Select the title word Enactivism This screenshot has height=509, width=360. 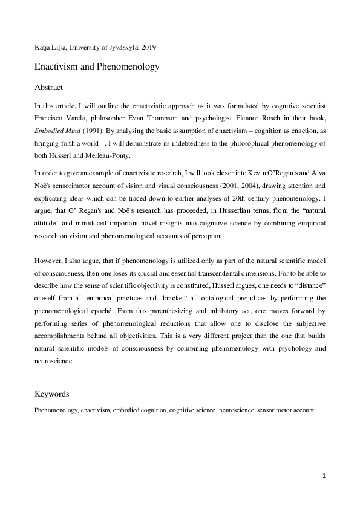(57, 66)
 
